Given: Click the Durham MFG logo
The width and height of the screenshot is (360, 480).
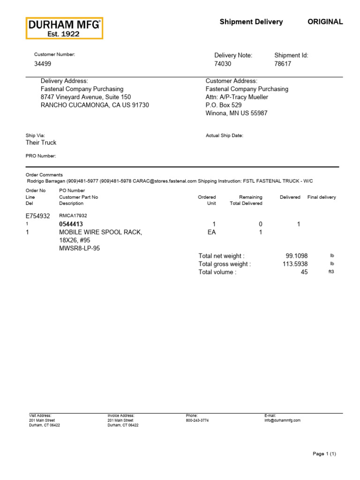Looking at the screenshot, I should (x=64, y=28).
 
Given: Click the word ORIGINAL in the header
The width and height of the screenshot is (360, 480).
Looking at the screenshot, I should (x=325, y=22).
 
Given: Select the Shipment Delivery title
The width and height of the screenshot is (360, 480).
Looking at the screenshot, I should (x=251, y=22).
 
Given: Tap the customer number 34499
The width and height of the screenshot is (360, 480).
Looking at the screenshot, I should (x=43, y=64).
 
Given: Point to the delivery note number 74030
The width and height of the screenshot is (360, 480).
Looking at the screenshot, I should (x=223, y=64).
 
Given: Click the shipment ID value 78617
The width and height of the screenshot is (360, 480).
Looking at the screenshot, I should (x=283, y=64).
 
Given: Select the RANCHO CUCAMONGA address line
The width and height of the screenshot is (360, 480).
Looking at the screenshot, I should (x=95, y=105).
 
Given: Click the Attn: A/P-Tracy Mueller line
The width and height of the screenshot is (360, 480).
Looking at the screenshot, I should (x=237, y=97).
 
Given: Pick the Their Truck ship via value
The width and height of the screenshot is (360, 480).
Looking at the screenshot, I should (x=41, y=142).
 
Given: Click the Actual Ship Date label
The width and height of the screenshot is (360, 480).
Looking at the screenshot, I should (x=225, y=135).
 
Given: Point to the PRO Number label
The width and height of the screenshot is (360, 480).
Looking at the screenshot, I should (x=41, y=156).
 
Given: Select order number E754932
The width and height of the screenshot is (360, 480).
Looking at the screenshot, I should (x=37, y=216).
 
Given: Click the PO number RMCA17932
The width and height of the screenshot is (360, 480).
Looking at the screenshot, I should (x=73, y=216).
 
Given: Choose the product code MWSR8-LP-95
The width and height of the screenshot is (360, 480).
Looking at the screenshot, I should (x=80, y=248).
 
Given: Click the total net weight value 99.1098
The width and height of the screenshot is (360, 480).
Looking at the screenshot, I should (x=296, y=256).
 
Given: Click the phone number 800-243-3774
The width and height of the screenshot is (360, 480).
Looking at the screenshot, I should (x=197, y=420).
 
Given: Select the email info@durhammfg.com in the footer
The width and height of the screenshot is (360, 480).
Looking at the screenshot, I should (x=282, y=420).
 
